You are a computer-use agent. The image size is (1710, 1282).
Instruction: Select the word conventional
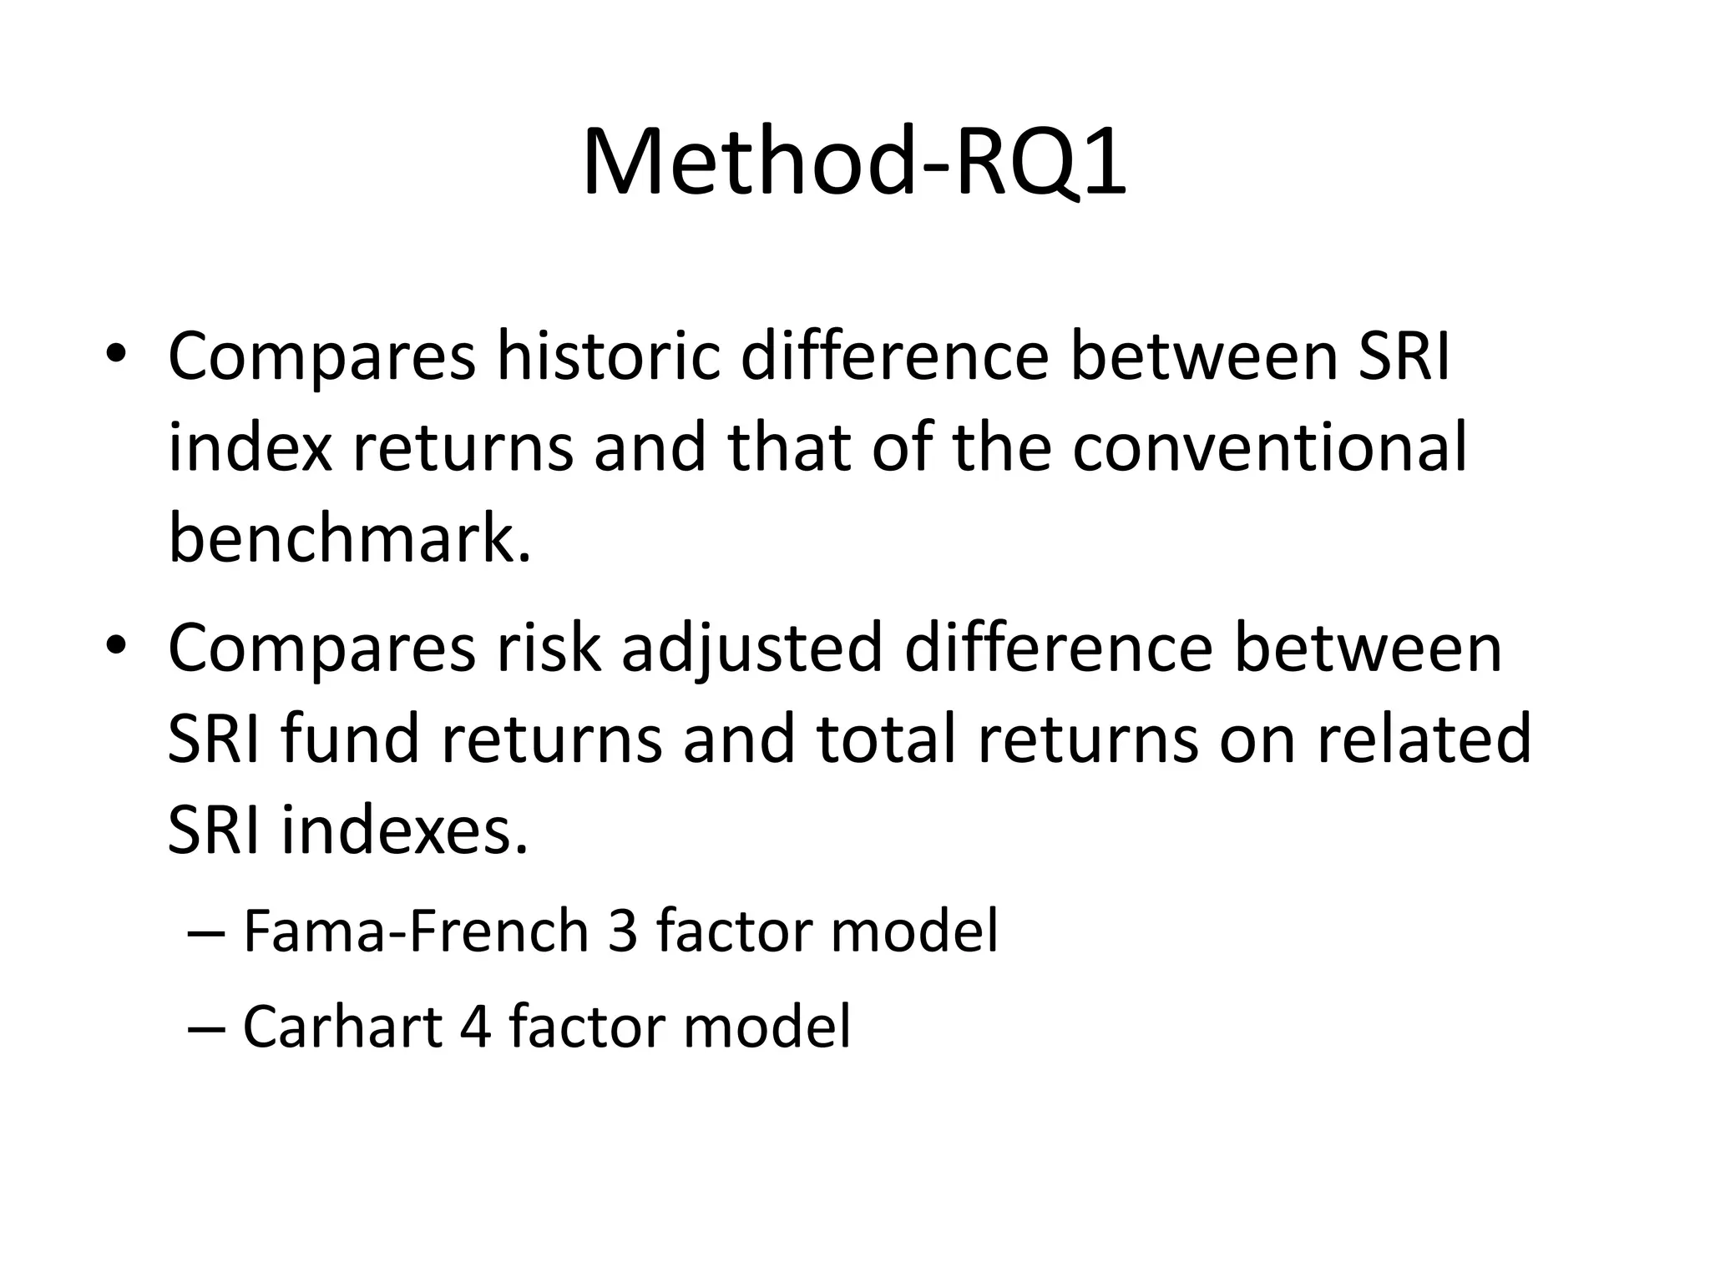click(x=1269, y=448)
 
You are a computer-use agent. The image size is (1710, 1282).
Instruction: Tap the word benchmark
click(x=349, y=538)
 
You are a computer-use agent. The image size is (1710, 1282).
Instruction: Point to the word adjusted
click(x=751, y=648)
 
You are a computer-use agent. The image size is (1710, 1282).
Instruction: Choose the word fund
click(x=349, y=739)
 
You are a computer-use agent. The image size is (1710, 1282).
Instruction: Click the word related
click(x=1424, y=739)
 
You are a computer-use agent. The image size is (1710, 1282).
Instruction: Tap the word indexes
click(x=405, y=831)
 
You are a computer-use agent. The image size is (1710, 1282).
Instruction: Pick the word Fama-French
click(x=416, y=931)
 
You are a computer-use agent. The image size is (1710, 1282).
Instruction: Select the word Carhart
click(x=342, y=1027)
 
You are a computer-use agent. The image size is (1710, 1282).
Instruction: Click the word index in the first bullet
click(x=250, y=448)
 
